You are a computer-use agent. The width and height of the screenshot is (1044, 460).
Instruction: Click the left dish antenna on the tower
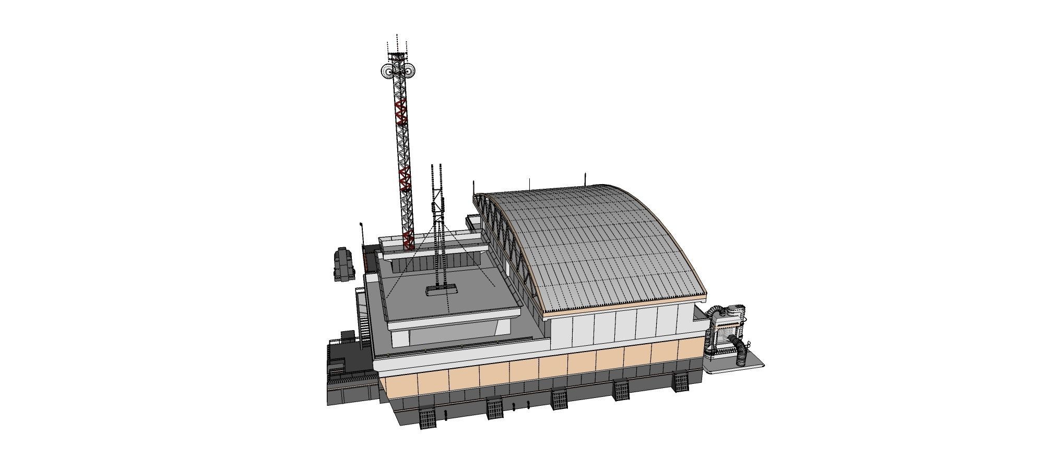pos(387,70)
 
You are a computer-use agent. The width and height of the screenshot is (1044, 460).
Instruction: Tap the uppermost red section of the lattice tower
pos(400,112)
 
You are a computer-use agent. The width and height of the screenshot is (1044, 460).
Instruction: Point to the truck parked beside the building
pos(343,264)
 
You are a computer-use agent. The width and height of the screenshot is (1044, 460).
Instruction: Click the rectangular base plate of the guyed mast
pos(442,290)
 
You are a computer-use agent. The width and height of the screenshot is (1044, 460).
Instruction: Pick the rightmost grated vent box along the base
pos(680,381)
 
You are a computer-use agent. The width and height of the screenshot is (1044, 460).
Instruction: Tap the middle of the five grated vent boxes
pos(560,400)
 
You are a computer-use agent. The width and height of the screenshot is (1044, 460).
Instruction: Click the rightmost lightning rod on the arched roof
pos(586,178)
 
